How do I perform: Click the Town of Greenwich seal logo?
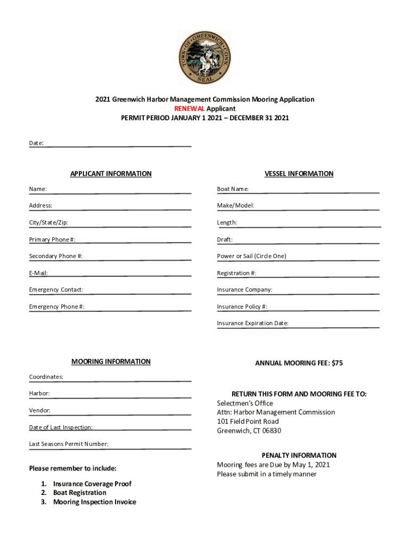(x=204, y=57)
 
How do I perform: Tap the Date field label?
(x=36, y=143)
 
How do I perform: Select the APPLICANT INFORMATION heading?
(x=111, y=174)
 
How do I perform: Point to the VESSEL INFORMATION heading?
(x=299, y=174)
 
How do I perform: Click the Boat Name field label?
(x=233, y=189)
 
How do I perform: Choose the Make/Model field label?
(x=235, y=205)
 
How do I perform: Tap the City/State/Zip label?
(x=48, y=222)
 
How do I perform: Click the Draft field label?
(x=225, y=240)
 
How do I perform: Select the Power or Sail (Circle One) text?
(x=251, y=256)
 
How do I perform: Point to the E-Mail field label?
(x=38, y=273)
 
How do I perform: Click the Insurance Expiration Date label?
(x=252, y=323)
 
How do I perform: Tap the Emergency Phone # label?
(x=56, y=307)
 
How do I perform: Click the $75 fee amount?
(x=337, y=363)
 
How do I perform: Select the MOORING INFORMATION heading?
(x=111, y=362)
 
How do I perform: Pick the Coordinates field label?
(x=46, y=377)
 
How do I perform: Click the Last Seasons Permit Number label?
(x=69, y=444)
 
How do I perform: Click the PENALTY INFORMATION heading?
(x=299, y=456)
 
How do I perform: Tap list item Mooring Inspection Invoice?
(x=94, y=502)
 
